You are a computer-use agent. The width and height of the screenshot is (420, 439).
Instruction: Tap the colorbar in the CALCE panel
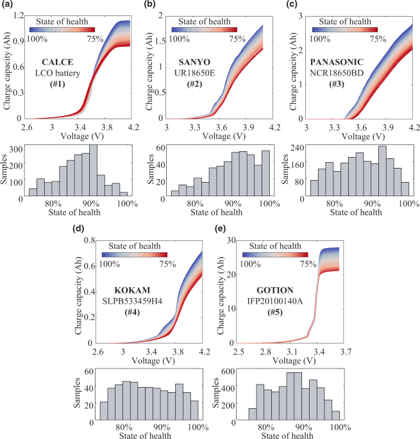(62, 28)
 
